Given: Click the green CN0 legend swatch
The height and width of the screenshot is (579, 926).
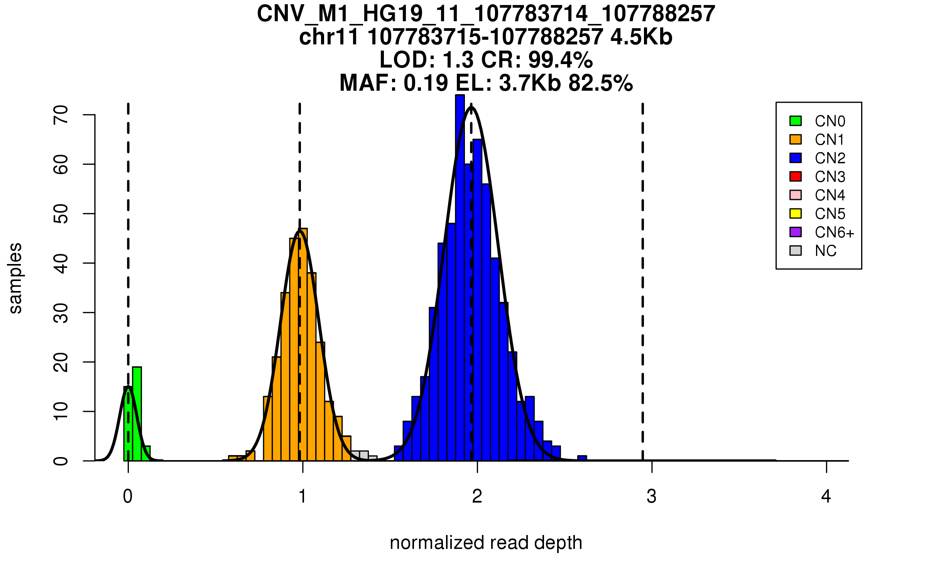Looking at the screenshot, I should pyautogui.click(x=796, y=121).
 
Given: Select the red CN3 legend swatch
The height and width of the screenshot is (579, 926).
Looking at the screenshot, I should pyautogui.click(x=796, y=176).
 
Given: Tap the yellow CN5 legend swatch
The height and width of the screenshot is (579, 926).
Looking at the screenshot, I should pyautogui.click(x=796, y=213).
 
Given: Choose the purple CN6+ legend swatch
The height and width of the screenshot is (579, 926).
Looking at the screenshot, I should pyautogui.click(x=796, y=232).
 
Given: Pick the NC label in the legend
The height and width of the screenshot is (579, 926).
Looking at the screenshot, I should pyautogui.click(x=826, y=251).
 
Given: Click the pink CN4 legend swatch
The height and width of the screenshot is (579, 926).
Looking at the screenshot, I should pyautogui.click(x=796, y=195).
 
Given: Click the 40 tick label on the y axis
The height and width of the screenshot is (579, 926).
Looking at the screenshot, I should pyautogui.click(x=61, y=263).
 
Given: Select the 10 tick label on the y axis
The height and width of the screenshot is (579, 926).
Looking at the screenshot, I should pyautogui.click(x=61, y=411).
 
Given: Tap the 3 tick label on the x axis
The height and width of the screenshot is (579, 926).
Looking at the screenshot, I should pyautogui.click(x=652, y=496).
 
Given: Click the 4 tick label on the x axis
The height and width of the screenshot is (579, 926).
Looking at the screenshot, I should pyautogui.click(x=826, y=496).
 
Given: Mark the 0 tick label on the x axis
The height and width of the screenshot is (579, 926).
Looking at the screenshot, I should pyautogui.click(x=128, y=496).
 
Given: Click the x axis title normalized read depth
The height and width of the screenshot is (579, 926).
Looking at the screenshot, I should pyautogui.click(x=486, y=543).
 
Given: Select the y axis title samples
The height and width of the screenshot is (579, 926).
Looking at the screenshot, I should pyautogui.click(x=15, y=278).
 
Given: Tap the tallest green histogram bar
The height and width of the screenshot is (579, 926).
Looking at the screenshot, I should pyautogui.click(x=137, y=413).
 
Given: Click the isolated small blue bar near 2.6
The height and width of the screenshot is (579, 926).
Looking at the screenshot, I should pyautogui.click(x=582, y=458).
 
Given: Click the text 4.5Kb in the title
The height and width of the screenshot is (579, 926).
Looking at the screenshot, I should pyautogui.click(x=641, y=37).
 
